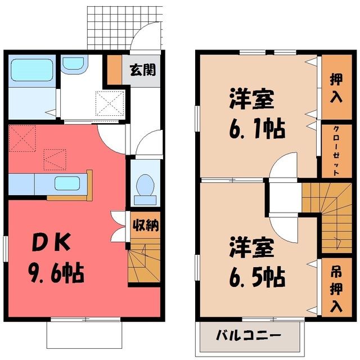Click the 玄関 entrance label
[x=143, y=70]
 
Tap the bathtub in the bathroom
[x=32, y=70]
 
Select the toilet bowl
[x=145, y=186]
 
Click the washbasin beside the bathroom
[x=74, y=64]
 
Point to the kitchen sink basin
[x=67, y=183]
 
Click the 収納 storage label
[x=146, y=225]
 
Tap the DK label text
[x=51, y=242]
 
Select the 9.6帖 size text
[x=56, y=272]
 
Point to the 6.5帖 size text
[x=257, y=277]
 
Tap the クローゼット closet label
[x=336, y=151]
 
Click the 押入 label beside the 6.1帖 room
[x=336, y=88]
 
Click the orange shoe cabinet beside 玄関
[x=114, y=70]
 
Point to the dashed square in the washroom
[x=110, y=103]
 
